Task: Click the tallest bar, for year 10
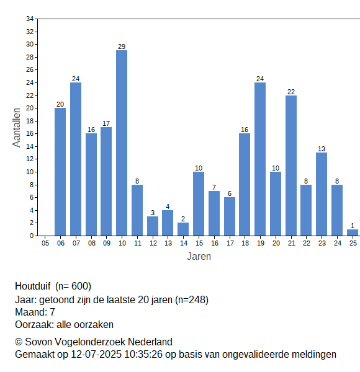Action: [122, 143]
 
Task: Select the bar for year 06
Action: [60, 172]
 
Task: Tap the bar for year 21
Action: [291, 166]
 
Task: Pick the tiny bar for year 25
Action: [353, 232]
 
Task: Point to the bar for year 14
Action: [183, 229]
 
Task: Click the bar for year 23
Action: [322, 194]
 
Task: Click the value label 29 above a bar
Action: [122, 46]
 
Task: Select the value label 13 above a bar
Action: [322, 149]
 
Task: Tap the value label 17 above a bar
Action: [106, 123]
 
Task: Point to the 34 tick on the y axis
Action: [30, 19]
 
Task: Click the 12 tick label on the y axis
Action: [30, 159]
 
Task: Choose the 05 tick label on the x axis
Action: [45, 243]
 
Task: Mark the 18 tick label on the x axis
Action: [245, 243]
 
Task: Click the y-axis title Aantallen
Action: [17, 128]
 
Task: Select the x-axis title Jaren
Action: [199, 257]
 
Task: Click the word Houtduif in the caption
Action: [33, 286]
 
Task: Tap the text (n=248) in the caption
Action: [192, 300]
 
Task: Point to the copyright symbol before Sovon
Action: [19, 342]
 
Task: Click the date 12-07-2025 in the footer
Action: [96, 355]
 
